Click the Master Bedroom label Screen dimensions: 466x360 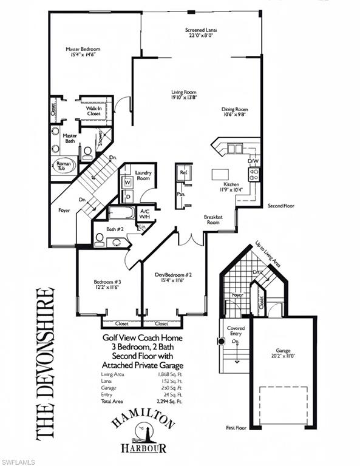click(83, 49)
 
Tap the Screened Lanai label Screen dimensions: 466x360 click(201, 30)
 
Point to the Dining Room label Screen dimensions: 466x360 click(234, 109)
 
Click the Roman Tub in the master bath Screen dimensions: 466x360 click(63, 166)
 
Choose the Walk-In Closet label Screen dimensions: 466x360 click(93, 110)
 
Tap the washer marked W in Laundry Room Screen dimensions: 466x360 click(128, 183)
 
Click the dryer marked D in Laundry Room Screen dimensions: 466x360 click(128, 197)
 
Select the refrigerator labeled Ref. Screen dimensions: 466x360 click(183, 173)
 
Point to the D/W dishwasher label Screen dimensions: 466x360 click(253, 161)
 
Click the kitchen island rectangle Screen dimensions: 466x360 click(220, 175)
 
